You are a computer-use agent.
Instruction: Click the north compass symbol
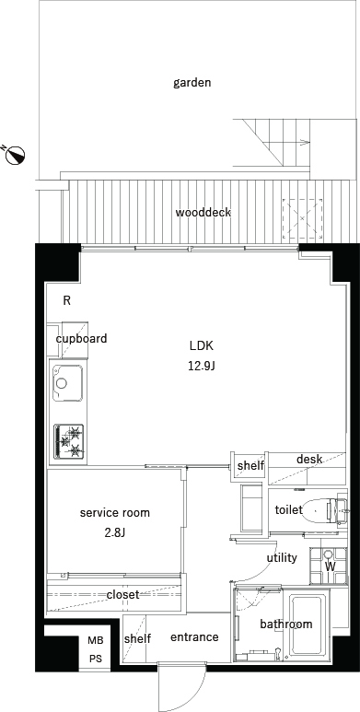click(x=15, y=155)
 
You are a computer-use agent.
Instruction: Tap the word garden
click(x=192, y=83)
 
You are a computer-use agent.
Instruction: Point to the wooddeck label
click(x=203, y=212)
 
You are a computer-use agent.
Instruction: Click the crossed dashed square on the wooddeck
click(x=303, y=219)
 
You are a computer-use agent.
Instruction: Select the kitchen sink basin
click(x=67, y=383)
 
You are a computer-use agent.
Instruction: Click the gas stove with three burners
click(x=69, y=441)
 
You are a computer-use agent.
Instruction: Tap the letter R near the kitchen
click(x=66, y=300)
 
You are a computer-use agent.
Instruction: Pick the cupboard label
click(x=81, y=339)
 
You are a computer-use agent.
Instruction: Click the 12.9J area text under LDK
click(x=201, y=366)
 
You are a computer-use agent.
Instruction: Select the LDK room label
click(x=201, y=345)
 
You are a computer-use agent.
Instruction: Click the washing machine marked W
click(x=329, y=566)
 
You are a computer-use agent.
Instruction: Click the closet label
click(x=122, y=594)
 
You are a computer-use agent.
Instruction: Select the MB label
click(x=96, y=641)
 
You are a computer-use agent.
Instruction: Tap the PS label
click(x=96, y=659)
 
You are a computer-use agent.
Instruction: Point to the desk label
click(x=309, y=459)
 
